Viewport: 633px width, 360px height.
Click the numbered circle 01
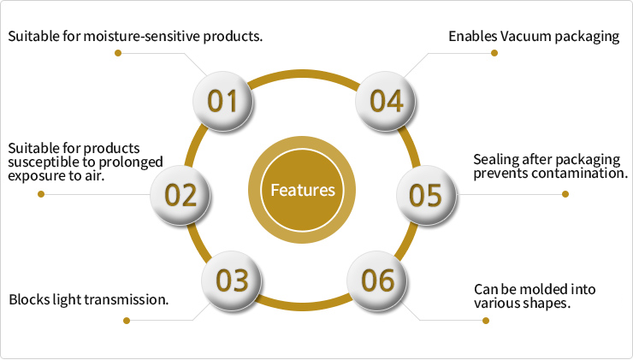[x=223, y=101]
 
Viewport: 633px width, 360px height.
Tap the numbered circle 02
[x=180, y=194]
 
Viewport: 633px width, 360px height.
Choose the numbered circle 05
[x=425, y=194]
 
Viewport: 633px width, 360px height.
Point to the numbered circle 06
[x=377, y=280]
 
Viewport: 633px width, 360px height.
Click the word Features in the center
[x=303, y=190]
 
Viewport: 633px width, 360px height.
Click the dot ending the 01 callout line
[x=117, y=53]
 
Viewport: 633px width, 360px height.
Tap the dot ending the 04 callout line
[x=494, y=53]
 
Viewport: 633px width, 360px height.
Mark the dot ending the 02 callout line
[x=40, y=194]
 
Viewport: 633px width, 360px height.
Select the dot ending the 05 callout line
[x=565, y=194]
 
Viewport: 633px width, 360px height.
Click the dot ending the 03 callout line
[x=127, y=321]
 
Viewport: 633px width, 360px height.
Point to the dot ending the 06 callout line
[x=486, y=321]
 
